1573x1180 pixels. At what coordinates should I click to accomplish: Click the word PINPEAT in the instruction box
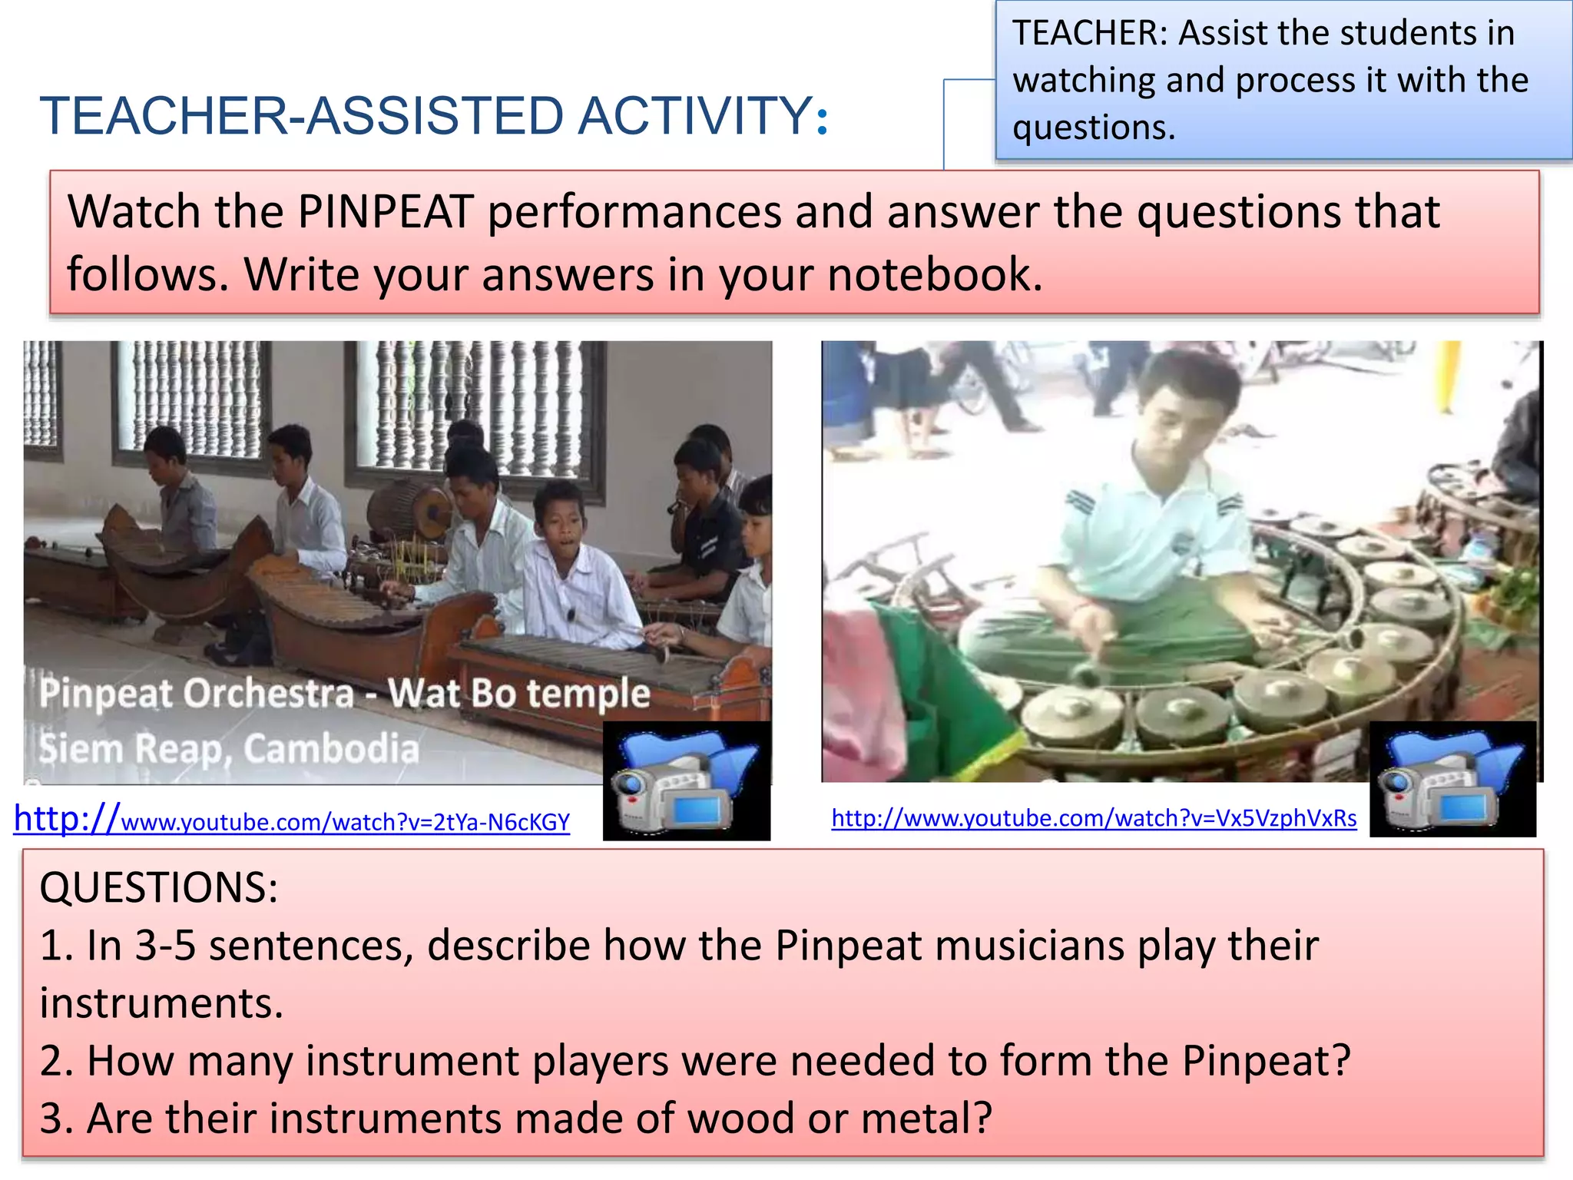pyautogui.click(x=384, y=212)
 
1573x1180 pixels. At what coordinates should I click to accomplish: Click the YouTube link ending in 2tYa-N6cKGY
pyautogui.click(x=292, y=820)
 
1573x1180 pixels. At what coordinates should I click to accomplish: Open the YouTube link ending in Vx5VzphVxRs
pyautogui.click(x=1094, y=818)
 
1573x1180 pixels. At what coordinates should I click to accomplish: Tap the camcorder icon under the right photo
pyautogui.click(x=1452, y=779)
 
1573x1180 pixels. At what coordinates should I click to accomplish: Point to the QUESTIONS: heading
pyautogui.click(x=158, y=888)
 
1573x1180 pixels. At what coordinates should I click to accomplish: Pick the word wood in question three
pyautogui.click(x=740, y=1119)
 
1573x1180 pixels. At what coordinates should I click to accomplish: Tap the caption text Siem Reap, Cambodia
pyautogui.click(x=229, y=748)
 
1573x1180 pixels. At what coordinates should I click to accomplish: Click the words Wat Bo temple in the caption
pyautogui.click(x=519, y=693)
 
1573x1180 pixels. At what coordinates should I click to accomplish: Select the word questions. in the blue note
pyautogui.click(x=1094, y=128)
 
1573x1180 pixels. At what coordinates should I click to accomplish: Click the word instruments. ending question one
pyautogui.click(x=161, y=1003)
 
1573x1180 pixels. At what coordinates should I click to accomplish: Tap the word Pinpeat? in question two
pyautogui.click(x=1266, y=1061)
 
